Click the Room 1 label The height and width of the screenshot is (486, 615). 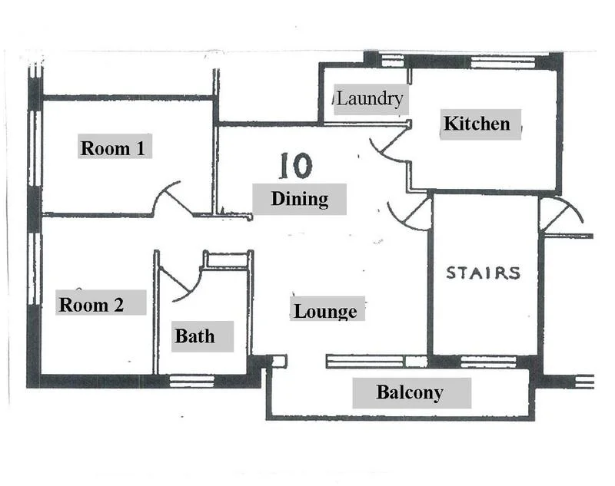tap(114, 147)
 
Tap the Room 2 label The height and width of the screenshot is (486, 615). tap(91, 304)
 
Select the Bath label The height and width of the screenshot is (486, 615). tap(194, 336)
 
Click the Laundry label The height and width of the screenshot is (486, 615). tap(370, 99)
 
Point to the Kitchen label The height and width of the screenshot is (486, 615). tap(477, 124)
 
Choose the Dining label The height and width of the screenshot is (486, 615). tap(299, 199)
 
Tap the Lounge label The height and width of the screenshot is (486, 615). tap(325, 311)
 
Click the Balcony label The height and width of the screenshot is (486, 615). tap(410, 393)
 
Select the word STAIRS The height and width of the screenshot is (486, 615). tap(484, 273)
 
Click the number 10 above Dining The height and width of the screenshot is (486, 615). tap(295, 165)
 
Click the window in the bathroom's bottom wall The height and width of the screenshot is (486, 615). tap(191, 380)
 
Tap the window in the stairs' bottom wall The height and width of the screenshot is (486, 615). tap(488, 361)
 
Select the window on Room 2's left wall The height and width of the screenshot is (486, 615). tap(34, 269)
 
